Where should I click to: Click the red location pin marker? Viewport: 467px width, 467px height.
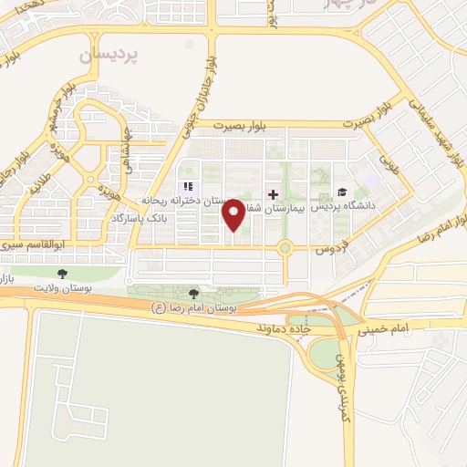pyautogui.click(x=233, y=213)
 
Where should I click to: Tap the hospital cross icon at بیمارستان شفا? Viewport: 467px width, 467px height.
pyautogui.click(x=273, y=194)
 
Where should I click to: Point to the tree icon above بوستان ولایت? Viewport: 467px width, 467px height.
pyautogui.click(x=62, y=273)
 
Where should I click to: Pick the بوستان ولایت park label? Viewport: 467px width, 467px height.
pyautogui.click(x=64, y=287)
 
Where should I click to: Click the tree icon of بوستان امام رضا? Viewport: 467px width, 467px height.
pyautogui.click(x=192, y=294)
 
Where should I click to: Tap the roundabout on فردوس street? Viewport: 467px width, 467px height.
pyautogui.click(x=285, y=247)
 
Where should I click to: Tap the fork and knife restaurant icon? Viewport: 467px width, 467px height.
pyautogui.click(x=188, y=187)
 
